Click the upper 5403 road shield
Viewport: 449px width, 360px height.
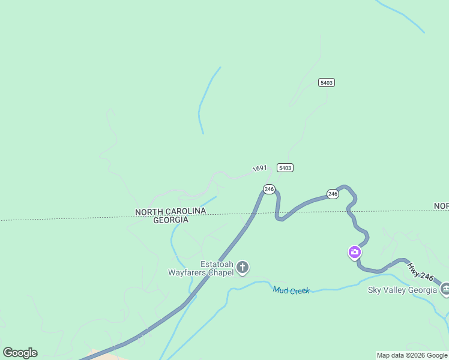(327, 82)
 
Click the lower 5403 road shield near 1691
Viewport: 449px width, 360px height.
(285, 167)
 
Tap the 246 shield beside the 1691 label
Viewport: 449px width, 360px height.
(269, 189)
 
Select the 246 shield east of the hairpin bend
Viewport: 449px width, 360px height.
(333, 194)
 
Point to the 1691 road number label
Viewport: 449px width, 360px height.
(259, 169)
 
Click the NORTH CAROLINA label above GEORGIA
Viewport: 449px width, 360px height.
(170, 211)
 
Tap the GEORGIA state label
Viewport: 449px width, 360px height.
(170, 220)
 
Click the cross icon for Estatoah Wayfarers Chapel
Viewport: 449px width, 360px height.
(243, 267)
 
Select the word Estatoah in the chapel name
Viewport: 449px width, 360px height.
(217, 263)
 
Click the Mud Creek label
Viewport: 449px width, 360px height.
(291, 290)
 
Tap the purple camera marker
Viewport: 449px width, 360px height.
(355, 251)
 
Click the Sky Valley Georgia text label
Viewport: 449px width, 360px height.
(402, 290)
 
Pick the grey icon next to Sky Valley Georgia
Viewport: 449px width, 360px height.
(445, 290)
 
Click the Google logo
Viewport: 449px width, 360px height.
(20, 353)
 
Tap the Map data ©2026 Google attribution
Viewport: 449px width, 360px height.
(412, 356)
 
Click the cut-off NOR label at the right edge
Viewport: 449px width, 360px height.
(441, 206)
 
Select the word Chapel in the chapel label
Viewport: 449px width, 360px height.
(220, 272)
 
